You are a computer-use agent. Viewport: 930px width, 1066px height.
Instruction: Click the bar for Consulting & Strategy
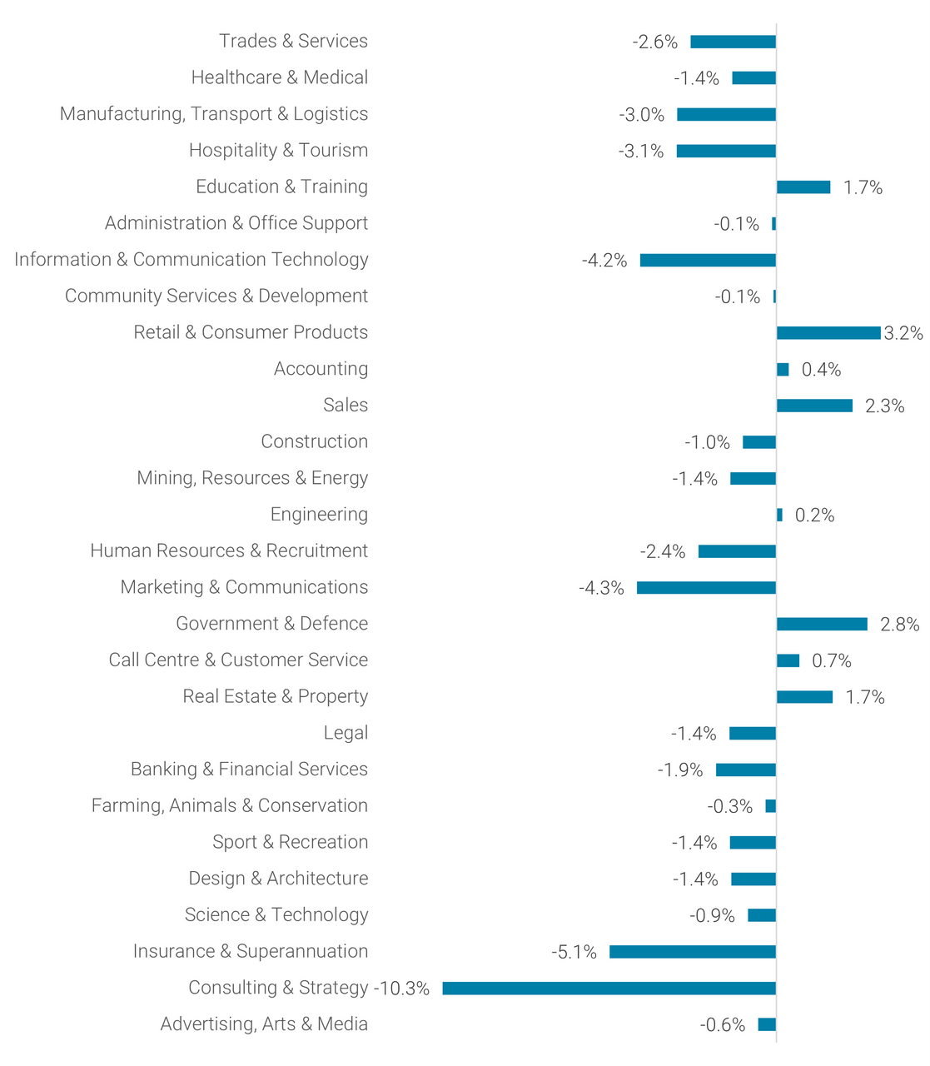coord(609,989)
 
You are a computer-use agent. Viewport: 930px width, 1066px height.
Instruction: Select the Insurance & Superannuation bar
coord(692,952)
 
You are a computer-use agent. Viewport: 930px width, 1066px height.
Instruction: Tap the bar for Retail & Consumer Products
coord(828,333)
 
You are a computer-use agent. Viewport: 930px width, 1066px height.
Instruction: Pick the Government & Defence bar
coord(822,625)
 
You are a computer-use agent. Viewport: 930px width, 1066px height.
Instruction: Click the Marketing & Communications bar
coord(706,588)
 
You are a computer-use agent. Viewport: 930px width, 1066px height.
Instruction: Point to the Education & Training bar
coord(803,187)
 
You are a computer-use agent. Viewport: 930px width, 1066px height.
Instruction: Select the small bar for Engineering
coord(779,516)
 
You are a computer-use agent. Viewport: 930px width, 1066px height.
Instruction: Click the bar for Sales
coord(814,406)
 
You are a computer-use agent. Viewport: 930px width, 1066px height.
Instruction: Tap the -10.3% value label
coord(401,989)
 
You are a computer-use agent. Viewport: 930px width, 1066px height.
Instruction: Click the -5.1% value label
coord(574,952)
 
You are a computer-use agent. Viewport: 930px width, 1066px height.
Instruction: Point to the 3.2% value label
coord(903,333)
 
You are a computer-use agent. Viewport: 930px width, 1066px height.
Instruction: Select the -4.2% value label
coord(604,261)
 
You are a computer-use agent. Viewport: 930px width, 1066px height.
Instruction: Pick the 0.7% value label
coord(832,661)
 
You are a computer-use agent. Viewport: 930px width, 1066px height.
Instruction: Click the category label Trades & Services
coord(293,41)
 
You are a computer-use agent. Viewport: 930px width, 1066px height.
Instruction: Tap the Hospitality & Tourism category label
coord(278,150)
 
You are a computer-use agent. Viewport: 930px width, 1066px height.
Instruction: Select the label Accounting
coord(321,369)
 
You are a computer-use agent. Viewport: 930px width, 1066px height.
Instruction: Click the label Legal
coord(346,733)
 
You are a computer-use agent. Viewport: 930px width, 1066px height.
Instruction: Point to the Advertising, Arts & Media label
coord(264,1024)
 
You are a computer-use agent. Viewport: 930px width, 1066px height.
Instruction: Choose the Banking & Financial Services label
coord(249,770)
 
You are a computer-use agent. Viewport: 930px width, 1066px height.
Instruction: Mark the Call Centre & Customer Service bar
coord(788,661)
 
